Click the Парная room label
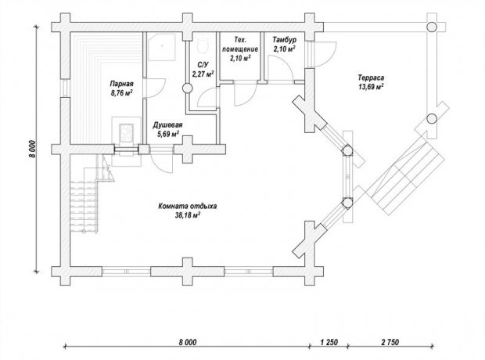121,84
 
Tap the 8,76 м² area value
121,92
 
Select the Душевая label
167,125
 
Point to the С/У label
203,65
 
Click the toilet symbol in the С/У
203,45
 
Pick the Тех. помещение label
240,45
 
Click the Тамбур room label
284,40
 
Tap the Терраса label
371,77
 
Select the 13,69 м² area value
371,87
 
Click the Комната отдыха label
188,206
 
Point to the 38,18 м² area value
188,215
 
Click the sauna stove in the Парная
126,133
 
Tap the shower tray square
161,46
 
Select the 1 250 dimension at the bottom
329,342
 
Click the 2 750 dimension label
390,342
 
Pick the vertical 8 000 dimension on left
33,149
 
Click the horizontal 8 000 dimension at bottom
188,342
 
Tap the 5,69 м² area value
168,134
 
